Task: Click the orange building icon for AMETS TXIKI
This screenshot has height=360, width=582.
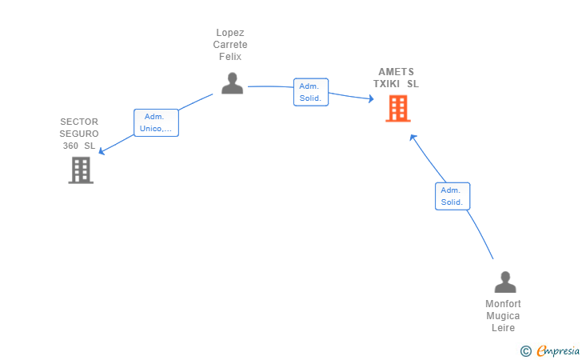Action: (x=398, y=109)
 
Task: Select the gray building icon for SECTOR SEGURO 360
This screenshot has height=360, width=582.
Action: (x=81, y=170)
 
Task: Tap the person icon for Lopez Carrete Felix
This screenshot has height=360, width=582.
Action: (x=233, y=83)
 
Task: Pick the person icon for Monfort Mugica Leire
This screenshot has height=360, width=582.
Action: (x=505, y=282)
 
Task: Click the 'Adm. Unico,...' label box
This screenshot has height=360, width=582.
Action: (x=156, y=122)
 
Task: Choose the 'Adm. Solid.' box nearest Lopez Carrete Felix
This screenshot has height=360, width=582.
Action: (x=311, y=92)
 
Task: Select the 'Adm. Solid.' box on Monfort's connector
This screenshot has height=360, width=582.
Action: (x=452, y=196)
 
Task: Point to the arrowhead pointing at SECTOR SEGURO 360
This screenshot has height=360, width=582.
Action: (x=101, y=151)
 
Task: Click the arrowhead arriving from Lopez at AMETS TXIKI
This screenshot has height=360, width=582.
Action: (x=371, y=98)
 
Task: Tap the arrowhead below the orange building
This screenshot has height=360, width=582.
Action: (x=413, y=138)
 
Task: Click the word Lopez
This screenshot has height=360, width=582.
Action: (x=230, y=33)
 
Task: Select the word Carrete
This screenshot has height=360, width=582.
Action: (x=230, y=45)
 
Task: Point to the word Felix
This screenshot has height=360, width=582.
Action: (x=230, y=57)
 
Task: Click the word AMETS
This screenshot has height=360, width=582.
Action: (x=396, y=72)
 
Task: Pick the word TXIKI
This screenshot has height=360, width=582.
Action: (x=386, y=84)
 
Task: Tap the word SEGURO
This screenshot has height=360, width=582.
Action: (x=79, y=134)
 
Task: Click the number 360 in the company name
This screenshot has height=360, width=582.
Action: (x=70, y=146)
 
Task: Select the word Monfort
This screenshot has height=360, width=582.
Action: (x=504, y=304)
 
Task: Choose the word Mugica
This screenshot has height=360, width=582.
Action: (x=503, y=316)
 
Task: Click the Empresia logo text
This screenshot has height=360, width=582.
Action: (x=558, y=350)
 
